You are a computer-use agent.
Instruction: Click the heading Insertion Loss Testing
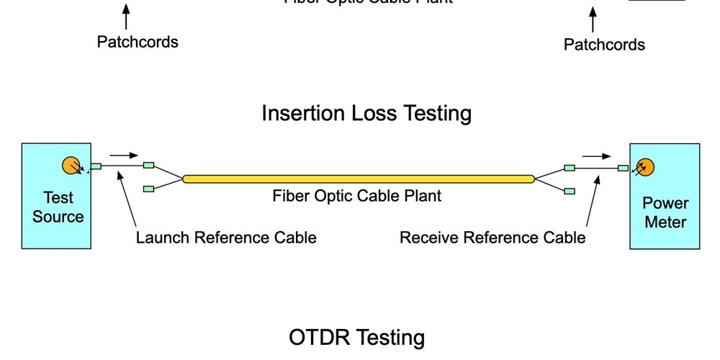[x=366, y=113]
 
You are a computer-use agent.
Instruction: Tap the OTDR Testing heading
[x=356, y=337]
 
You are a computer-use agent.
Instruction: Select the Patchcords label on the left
[x=138, y=42]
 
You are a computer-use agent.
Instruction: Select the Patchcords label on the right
[x=604, y=45]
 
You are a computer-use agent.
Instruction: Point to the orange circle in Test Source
[x=71, y=166]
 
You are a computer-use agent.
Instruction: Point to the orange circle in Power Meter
[x=644, y=167]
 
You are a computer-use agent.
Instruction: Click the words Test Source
[x=58, y=207]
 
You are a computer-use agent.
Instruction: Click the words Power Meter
[x=665, y=212]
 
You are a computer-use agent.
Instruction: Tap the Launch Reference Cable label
[x=226, y=238]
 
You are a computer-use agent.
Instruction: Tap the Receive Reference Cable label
[x=492, y=238]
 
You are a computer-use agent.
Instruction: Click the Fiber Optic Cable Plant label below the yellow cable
[x=357, y=196]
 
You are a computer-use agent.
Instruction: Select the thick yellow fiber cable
[x=359, y=179]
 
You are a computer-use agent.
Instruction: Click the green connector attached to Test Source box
[x=96, y=166]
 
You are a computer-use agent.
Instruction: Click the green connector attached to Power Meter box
[x=623, y=168]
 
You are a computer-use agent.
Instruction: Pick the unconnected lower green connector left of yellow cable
[x=148, y=189]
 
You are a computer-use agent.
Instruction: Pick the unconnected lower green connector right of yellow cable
[x=569, y=191]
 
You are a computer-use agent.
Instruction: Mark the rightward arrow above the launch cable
[x=124, y=155]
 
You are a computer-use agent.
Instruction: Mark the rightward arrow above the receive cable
[x=597, y=156]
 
